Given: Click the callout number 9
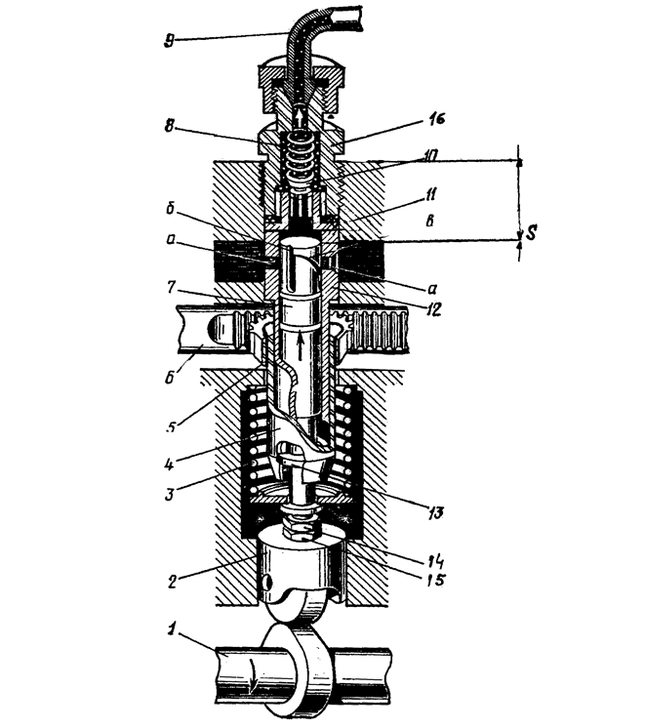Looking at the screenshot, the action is (x=169, y=40).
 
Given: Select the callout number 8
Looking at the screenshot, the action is (x=170, y=126).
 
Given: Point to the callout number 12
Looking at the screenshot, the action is (x=434, y=309).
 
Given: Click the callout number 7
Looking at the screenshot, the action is (x=170, y=288).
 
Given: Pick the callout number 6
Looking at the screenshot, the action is (x=170, y=378).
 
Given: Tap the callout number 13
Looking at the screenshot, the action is (x=435, y=512).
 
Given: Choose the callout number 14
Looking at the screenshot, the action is (x=436, y=561).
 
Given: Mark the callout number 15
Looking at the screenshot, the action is (x=435, y=580).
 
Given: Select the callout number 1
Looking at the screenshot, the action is (x=173, y=632).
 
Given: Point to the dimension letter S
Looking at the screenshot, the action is (x=530, y=232).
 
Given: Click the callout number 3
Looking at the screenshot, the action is (x=169, y=495).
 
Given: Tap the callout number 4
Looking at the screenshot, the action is (x=169, y=465).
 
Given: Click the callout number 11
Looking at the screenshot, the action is (x=430, y=193).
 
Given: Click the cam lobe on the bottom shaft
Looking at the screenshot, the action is (x=304, y=668).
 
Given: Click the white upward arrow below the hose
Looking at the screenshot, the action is (x=300, y=113).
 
